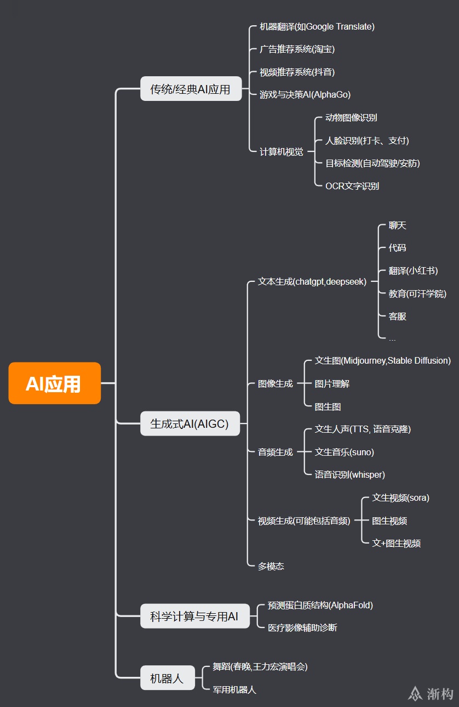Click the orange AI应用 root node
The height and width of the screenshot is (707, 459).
[x=54, y=383]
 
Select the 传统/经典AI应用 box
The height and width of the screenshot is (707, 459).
[x=191, y=89]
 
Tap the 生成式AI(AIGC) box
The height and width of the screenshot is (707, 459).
[x=190, y=423]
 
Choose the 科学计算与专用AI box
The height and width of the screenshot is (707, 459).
[x=194, y=616]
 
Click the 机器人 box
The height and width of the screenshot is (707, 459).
[x=167, y=678]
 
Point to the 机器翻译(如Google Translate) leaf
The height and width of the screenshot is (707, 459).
[x=317, y=26]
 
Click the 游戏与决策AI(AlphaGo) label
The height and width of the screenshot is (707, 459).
[x=305, y=94]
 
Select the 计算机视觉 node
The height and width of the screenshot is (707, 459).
[x=281, y=152]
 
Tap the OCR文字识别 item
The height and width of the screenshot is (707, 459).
[x=352, y=186]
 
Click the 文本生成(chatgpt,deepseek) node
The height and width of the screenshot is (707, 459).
[x=312, y=282]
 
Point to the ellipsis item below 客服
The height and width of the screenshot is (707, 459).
[x=392, y=339]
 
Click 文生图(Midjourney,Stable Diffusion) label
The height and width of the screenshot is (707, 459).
[x=382, y=360]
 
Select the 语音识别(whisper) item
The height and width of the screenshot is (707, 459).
[x=349, y=474]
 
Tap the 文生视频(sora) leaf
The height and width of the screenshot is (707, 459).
[x=400, y=498]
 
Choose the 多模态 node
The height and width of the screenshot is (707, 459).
[x=271, y=566]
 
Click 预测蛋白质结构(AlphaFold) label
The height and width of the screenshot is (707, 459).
[x=320, y=605]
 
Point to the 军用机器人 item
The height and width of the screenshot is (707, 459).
[x=234, y=689]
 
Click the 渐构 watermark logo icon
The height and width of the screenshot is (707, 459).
[x=415, y=693]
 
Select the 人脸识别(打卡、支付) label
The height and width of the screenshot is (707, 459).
[x=367, y=140]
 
